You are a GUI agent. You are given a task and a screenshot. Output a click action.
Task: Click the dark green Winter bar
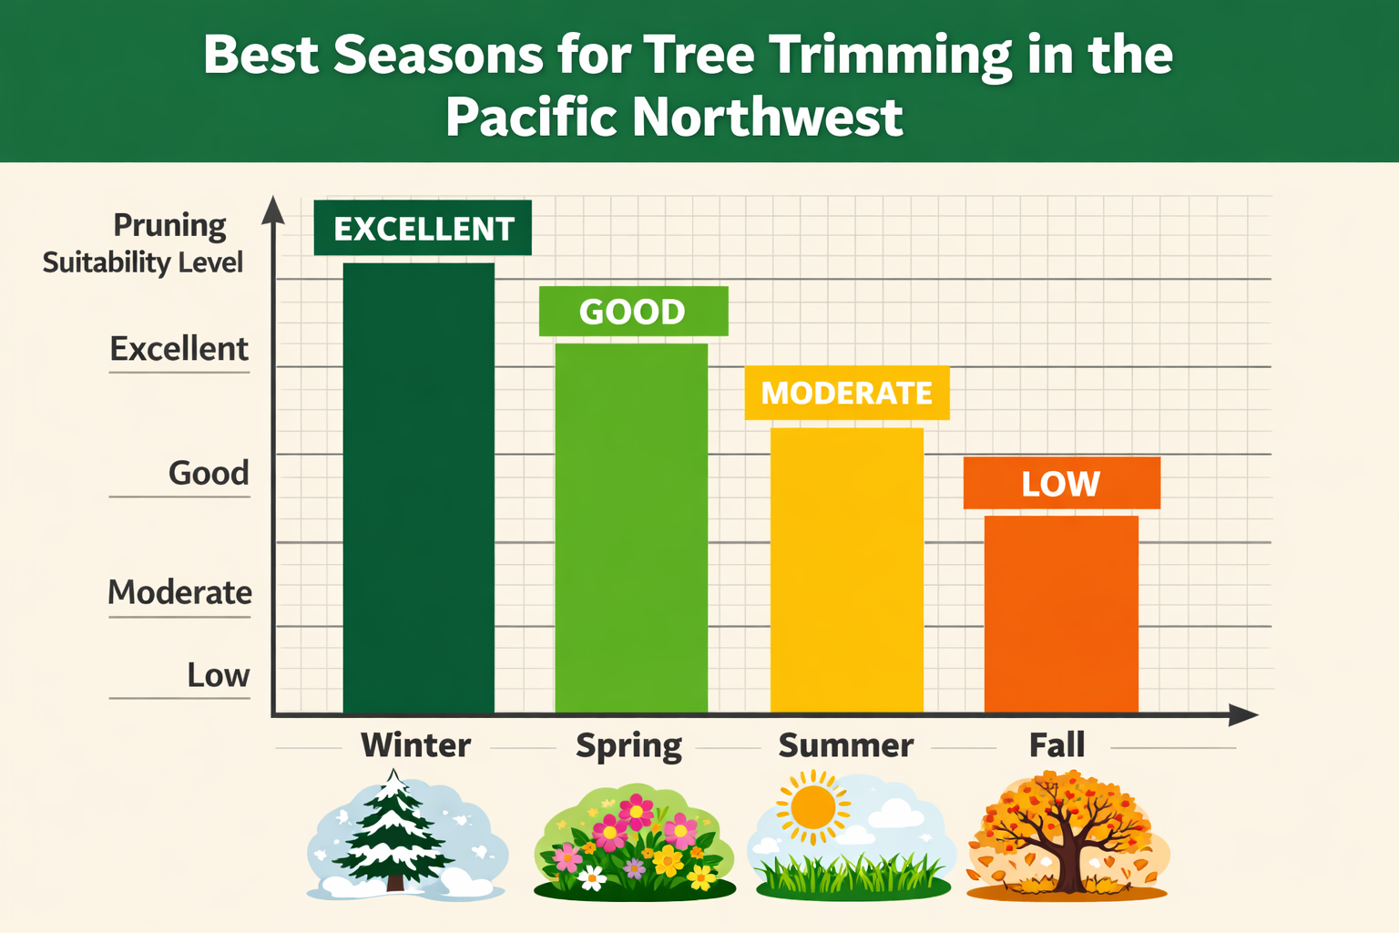coord(418,487)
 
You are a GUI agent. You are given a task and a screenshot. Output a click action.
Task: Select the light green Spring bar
coord(631,528)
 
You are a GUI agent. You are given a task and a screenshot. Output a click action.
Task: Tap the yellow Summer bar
coord(847,569)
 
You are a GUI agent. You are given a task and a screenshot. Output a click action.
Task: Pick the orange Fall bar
coord(1061,613)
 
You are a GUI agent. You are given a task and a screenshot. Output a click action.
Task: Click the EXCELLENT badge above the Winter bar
coord(423,228)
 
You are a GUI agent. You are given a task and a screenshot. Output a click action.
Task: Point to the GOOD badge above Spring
coord(633,312)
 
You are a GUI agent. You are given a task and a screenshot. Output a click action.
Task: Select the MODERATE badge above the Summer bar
coord(847,393)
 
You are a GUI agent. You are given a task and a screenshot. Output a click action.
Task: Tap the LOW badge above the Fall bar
coord(1061,483)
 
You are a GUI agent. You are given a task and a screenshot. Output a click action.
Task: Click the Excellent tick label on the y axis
coord(179,349)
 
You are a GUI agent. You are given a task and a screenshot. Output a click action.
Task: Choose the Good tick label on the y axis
coord(209,473)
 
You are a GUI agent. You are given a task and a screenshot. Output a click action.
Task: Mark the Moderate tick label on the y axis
coord(180,592)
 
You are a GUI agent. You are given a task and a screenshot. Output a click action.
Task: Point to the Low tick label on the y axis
coord(219,675)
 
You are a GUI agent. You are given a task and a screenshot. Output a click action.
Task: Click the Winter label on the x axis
coord(416,745)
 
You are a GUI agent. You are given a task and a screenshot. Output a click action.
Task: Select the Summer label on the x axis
coord(846,745)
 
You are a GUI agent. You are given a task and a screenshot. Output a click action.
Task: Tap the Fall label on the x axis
coord(1057,745)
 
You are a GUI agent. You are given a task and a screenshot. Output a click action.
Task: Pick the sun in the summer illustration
coord(812,807)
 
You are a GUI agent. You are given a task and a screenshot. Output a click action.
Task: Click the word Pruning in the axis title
coord(169,225)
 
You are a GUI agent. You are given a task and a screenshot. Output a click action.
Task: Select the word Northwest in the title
coord(767,117)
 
